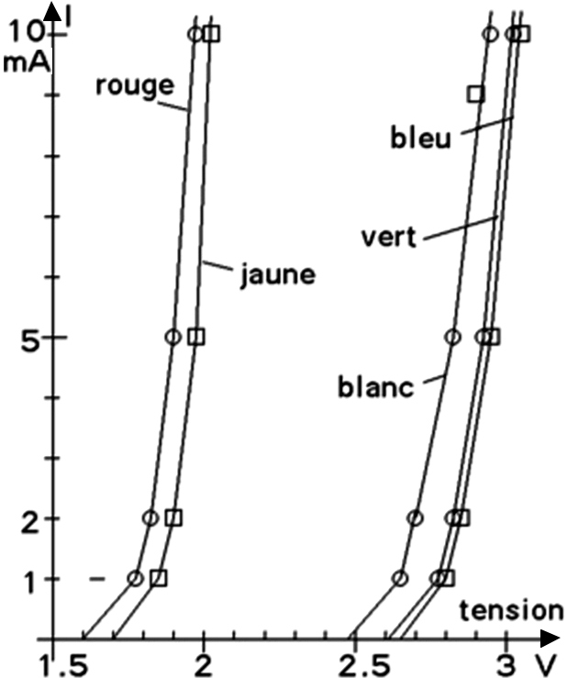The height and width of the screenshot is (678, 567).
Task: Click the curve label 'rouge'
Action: pyautogui.click(x=134, y=85)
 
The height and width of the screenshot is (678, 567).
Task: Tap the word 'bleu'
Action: pyautogui.click(x=420, y=139)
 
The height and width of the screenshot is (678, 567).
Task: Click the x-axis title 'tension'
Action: pyautogui.click(x=510, y=609)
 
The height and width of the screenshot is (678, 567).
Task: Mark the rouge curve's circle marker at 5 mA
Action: pyautogui.click(x=172, y=337)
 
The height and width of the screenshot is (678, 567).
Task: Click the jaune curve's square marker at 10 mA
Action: pyautogui.click(x=213, y=34)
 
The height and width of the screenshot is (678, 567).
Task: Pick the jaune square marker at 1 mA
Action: pyautogui.click(x=158, y=578)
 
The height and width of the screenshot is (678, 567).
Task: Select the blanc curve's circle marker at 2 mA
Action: pyautogui.click(x=415, y=518)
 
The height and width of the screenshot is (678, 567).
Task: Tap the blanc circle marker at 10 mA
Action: pyautogui.click(x=490, y=34)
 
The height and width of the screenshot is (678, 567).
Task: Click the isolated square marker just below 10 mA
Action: pyautogui.click(x=475, y=94)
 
